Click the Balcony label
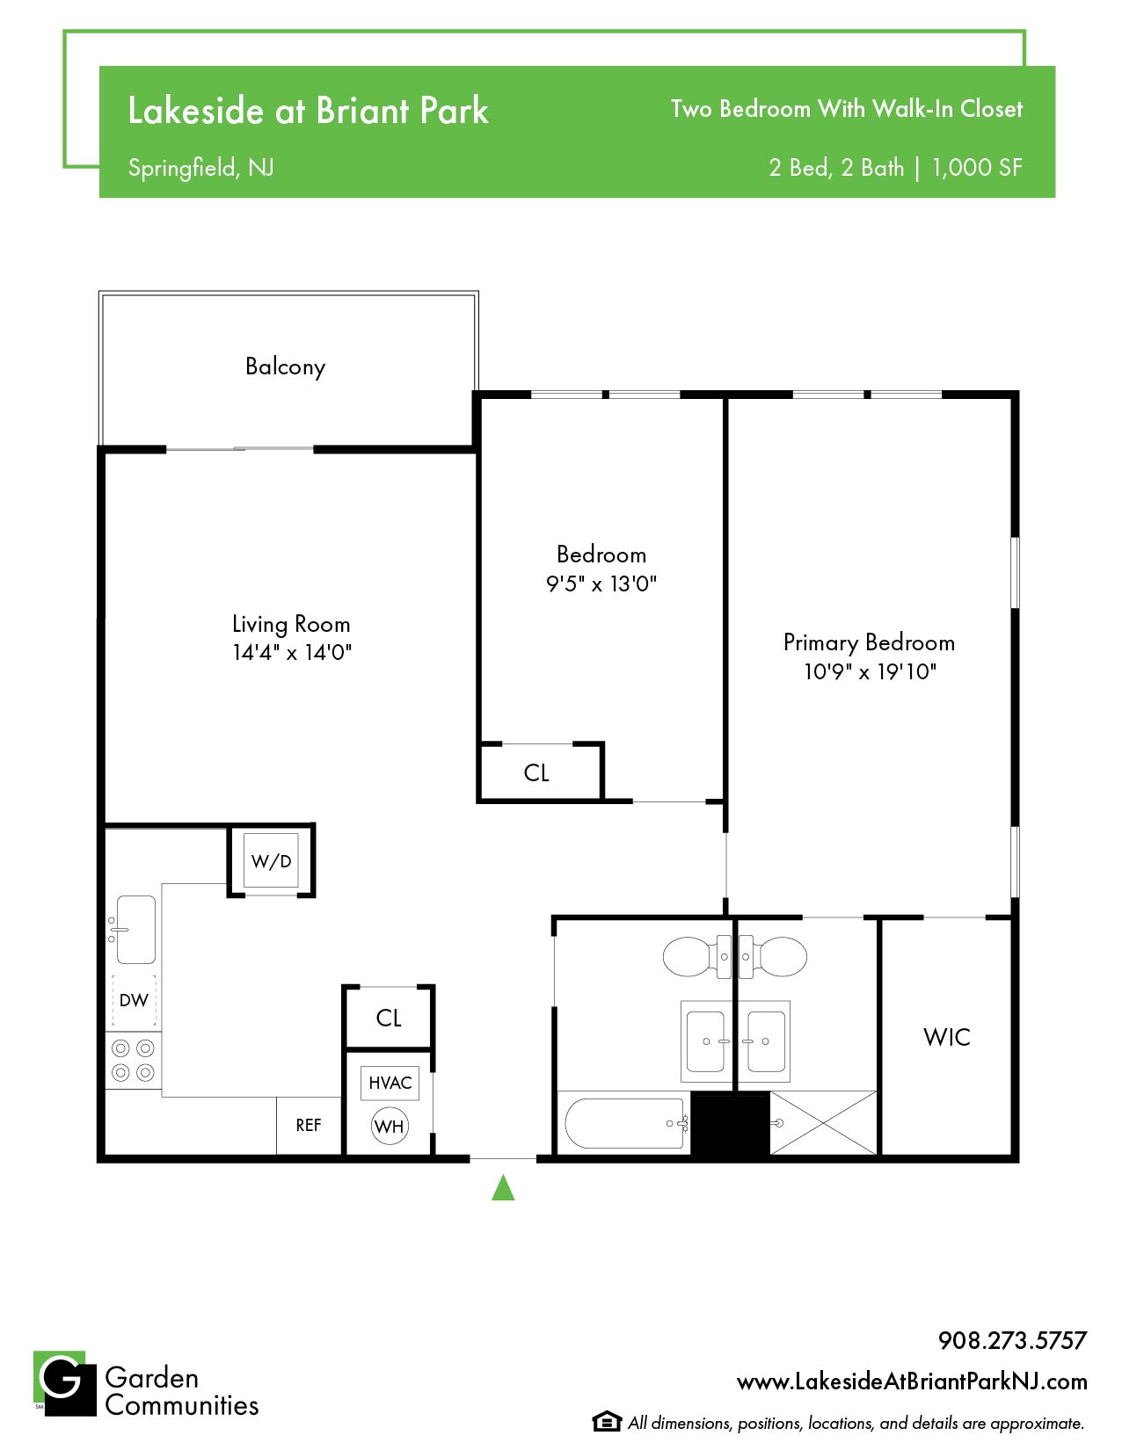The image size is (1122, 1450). click(285, 366)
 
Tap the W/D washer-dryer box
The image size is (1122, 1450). click(270, 860)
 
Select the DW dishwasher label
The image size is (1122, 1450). click(134, 999)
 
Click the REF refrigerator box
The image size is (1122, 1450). click(309, 1125)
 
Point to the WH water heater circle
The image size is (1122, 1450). click(390, 1127)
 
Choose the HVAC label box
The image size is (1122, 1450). click(390, 1083)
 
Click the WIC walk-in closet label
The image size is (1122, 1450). click(946, 1037)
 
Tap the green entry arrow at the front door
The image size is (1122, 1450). click(503, 1188)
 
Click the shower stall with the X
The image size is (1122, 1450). click(823, 1122)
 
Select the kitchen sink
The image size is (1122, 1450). click(135, 930)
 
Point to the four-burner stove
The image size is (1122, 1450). click(133, 1061)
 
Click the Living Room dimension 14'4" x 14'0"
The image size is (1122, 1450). click(292, 652)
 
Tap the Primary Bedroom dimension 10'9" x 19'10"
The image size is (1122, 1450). click(870, 671)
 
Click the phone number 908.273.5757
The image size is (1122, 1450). click(1012, 1340)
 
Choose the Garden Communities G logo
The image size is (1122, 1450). click(65, 1383)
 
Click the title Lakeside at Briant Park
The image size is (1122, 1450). click(309, 110)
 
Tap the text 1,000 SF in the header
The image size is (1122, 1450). click(977, 168)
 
